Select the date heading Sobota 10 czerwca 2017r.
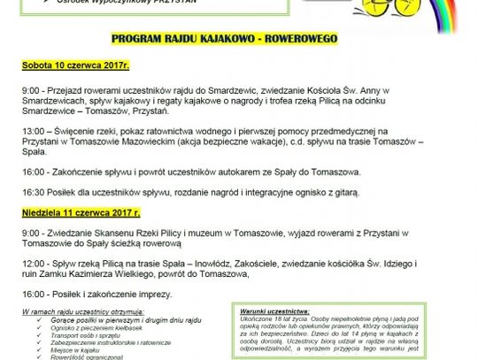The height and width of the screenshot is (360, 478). click(x=76, y=66)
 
